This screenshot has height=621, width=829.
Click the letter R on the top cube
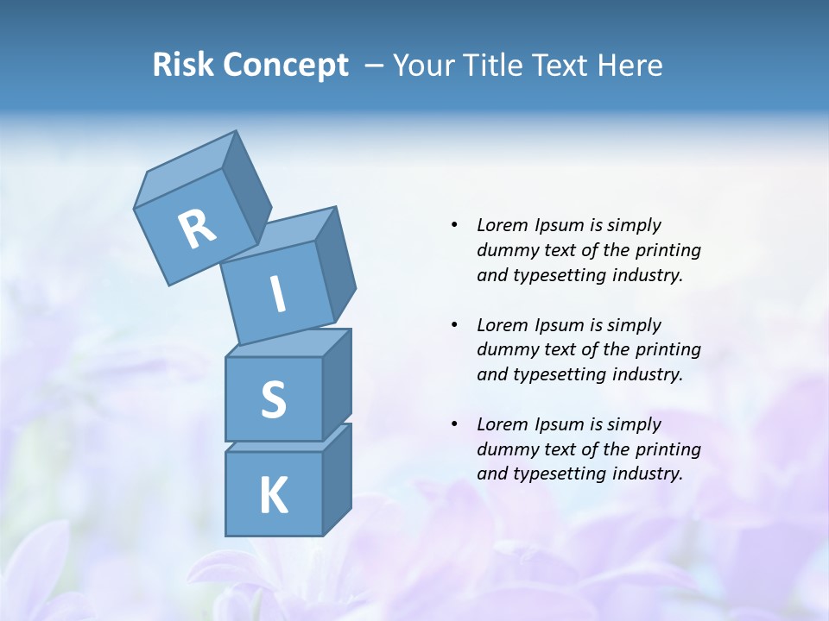(x=197, y=229)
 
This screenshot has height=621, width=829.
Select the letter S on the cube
(x=273, y=400)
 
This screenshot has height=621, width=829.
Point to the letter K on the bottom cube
(x=273, y=496)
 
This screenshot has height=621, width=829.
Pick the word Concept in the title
(x=285, y=66)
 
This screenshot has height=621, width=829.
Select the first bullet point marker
(x=454, y=225)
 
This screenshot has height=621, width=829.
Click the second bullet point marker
(x=454, y=325)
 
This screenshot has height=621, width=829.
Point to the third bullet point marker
(x=454, y=424)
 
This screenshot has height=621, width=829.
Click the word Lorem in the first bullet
(x=502, y=225)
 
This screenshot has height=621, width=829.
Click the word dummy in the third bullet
(x=503, y=449)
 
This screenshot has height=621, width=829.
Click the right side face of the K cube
(x=337, y=479)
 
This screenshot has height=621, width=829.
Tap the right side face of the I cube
(x=336, y=263)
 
